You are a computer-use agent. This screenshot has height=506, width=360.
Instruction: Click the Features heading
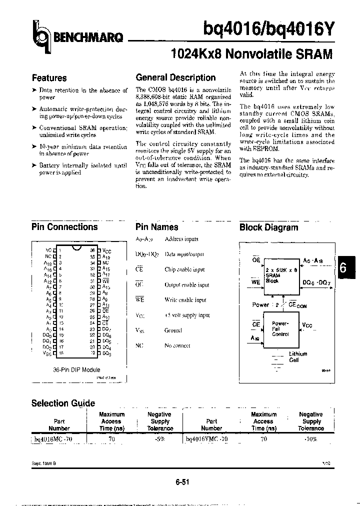(49, 78)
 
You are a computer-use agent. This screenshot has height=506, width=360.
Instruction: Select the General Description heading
(175, 77)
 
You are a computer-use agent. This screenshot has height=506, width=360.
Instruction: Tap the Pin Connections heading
(64, 226)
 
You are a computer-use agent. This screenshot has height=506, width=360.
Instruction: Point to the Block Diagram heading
(268, 227)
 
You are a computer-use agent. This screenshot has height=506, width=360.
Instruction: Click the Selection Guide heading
(63, 403)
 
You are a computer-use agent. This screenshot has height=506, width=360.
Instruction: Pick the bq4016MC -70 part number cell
(54, 438)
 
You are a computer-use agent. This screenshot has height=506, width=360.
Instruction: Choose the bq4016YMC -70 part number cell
(206, 438)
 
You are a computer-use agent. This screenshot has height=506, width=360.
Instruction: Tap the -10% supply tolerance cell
(310, 438)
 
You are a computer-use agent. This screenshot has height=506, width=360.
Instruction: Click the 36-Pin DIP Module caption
(73, 369)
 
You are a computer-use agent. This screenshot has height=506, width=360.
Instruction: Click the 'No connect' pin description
(177, 345)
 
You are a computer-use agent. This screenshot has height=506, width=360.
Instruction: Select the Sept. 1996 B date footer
(44, 463)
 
